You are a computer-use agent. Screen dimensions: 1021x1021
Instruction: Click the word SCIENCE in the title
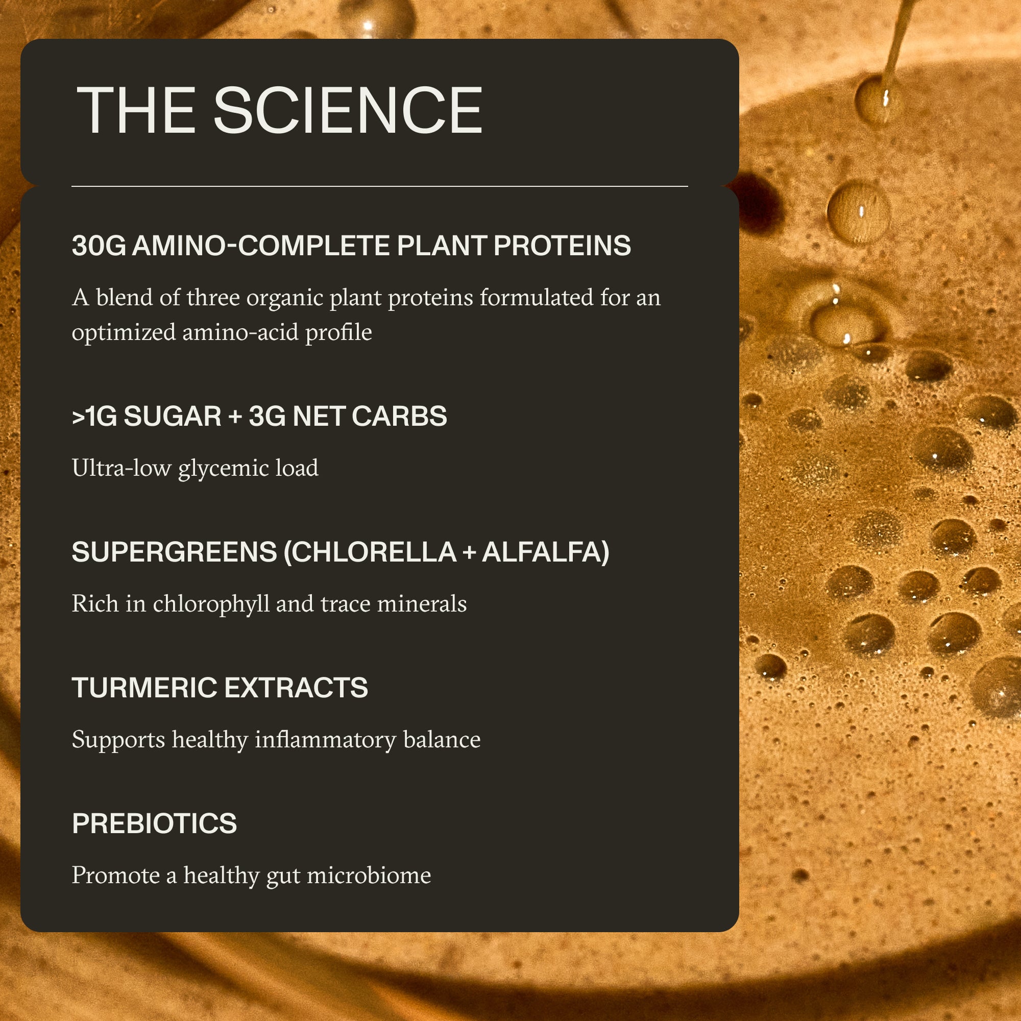(x=347, y=110)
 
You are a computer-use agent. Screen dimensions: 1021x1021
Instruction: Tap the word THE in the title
(x=136, y=110)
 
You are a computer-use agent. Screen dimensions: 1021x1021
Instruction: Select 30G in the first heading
(x=99, y=246)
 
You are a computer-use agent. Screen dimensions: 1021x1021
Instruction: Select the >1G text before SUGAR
(x=94, y=417)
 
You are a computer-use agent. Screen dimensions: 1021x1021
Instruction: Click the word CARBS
(x=399, y=417)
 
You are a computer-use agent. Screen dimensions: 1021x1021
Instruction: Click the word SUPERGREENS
(x=175, y=552)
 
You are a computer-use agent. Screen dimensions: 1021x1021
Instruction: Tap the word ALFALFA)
(x=545, y=552)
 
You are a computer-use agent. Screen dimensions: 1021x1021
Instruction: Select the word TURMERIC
(x=144, y=688)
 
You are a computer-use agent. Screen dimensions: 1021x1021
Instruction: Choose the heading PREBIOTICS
(x=154, y=824)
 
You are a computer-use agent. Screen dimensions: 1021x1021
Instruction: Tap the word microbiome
(x=369, y=876)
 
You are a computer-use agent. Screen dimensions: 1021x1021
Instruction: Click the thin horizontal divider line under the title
(x=379, y=186)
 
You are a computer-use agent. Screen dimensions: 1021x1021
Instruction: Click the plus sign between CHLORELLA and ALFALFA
(x=468, y=553)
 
